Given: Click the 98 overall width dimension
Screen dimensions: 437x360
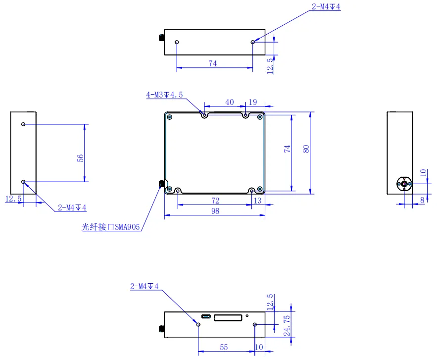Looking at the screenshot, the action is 215,211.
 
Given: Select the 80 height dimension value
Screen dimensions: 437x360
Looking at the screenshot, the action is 306,149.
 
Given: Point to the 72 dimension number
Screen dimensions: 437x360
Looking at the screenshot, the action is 215,201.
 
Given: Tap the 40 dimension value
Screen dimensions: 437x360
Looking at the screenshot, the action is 229,102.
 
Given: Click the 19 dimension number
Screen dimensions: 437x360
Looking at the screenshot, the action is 253,102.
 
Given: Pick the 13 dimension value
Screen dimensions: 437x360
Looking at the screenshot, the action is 258,201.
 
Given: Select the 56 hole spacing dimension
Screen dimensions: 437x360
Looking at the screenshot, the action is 80,158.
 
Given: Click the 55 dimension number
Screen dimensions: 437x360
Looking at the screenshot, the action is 224,347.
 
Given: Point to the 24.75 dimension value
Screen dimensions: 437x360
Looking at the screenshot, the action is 287,325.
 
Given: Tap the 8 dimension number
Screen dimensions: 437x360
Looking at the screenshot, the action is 422,200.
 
